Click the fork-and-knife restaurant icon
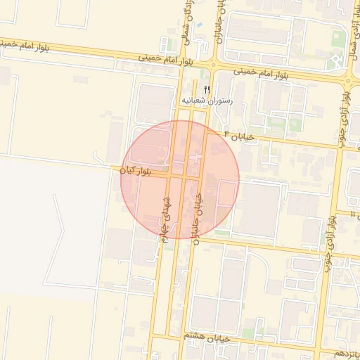(206, 89)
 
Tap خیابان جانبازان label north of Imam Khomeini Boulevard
(221, 18)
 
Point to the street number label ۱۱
(353, 213)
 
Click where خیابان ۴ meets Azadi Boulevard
(340, 148)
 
